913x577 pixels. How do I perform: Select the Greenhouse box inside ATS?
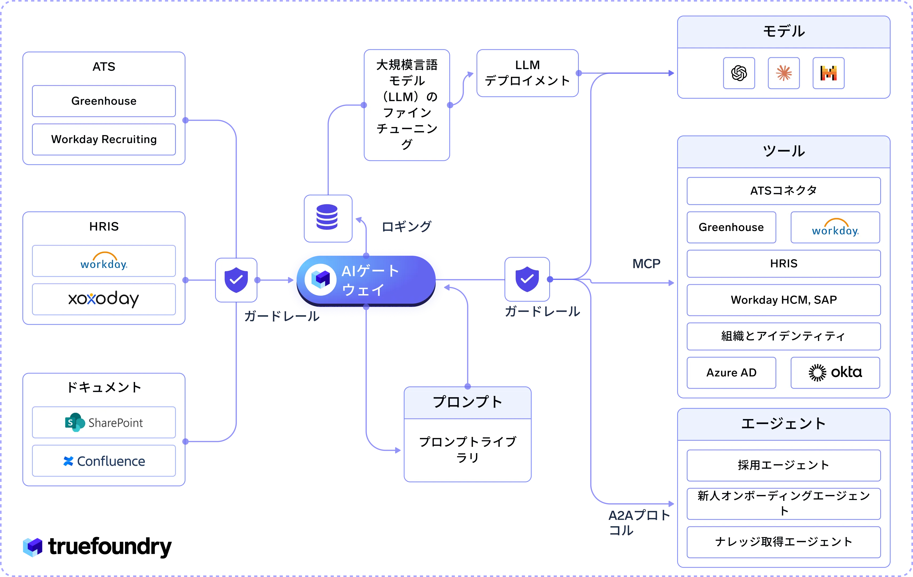104,101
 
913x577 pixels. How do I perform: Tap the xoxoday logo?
104,299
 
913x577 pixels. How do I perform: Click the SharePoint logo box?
104,422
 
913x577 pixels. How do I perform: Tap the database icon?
327,217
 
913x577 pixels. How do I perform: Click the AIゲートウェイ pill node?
366,281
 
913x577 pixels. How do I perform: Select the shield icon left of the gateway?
236,280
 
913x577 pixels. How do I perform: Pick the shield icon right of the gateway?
527,279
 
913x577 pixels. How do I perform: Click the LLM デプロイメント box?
527,73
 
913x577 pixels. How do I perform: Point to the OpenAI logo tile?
739,73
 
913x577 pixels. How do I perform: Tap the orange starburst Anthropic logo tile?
784,73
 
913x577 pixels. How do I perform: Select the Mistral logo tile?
829,73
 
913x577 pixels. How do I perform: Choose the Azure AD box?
731,373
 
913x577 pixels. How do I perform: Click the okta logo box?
835,373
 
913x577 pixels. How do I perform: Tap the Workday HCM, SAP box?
784,300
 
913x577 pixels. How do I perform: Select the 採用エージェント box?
784,465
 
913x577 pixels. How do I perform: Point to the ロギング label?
406,227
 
